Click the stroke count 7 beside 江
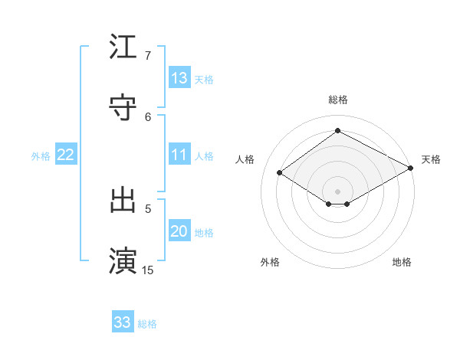point(147,56)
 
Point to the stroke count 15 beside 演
point(148,270)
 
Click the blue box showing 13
point(179,78)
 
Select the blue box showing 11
point(179,155)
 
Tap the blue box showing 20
point(179,232)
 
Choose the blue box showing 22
point(65,155)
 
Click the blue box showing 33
point(123,322)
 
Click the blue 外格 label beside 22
point(41,156)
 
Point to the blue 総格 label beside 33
point(147,324)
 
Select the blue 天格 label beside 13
point(203,79)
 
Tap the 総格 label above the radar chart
point(338,100)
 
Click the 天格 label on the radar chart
point(431,159)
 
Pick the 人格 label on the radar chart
point(245,159)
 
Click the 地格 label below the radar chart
point(402,262)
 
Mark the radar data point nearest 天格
point(412,168)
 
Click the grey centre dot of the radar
point(338,191)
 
